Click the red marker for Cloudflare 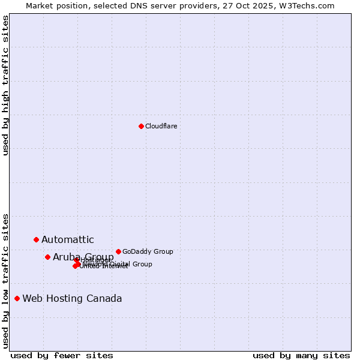click(141, 126)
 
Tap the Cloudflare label click(161, 126)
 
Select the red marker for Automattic click(36, 239)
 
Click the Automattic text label click(68, 240)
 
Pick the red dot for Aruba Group click(47, 257)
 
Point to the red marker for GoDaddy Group click(118, 251)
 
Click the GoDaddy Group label click(148, 251)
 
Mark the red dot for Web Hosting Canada click(17, 298)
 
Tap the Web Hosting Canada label click(72, 299)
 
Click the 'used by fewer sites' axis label click(62, 355)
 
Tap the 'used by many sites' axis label click(301, 355)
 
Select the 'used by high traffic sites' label click(5, 85)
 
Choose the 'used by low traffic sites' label click(5, 280)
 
